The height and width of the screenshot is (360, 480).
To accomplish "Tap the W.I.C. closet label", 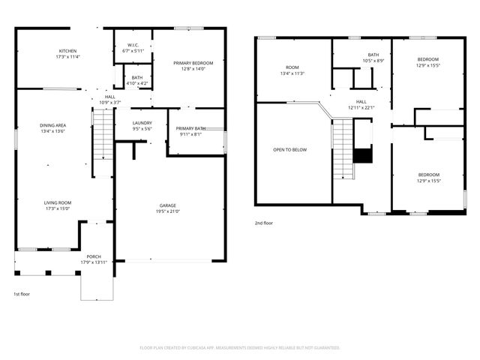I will tap(132, 45).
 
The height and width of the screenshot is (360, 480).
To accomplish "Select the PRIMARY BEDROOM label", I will tap(193, 63).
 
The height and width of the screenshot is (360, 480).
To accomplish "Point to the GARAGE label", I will tap(168, 205).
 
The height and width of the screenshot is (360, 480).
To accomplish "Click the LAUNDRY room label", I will tap(142, 123).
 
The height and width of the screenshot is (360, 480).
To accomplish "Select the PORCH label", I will tap(94, 256).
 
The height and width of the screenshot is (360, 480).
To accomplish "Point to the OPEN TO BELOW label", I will tap(289, 149).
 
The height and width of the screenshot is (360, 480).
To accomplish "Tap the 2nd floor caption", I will tap(265, 223).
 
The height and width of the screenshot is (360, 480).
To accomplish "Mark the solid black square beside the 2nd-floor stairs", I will tap(362, 155).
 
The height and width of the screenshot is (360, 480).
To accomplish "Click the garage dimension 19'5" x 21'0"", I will tap(168, 211).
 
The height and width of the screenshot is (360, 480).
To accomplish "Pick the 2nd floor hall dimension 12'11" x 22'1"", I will tap(361, 107).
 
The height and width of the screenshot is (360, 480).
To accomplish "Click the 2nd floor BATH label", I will tap(373, 55).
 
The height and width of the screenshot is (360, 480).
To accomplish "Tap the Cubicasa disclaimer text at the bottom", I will tap(240, 348).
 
